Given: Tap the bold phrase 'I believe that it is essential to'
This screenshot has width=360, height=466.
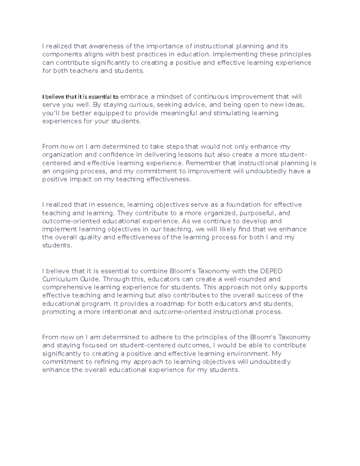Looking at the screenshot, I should pyautogui.click(x=80, y=97).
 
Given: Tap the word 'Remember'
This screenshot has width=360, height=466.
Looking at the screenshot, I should pyautogui.click(x=203, y=163).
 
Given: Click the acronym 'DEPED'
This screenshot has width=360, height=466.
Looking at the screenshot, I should pyautogui.click(x=271, y=271).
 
